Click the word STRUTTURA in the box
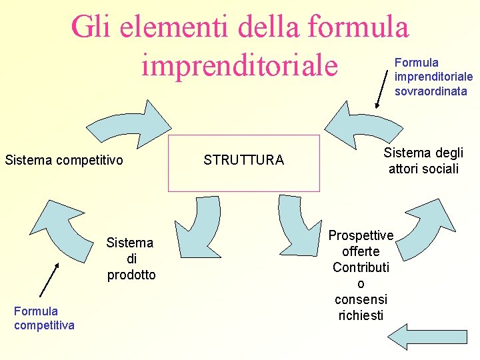point(243,160)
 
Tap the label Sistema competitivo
point(64,160)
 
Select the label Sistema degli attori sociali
point(423,161)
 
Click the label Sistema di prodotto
point(131,259)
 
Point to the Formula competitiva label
point(44,318)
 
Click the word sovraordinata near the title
point(431,91)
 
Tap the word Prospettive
point(361,235)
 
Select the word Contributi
point(361,267)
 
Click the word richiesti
point(361,315)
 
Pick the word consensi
point(361,299)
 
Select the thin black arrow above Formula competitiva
point(49,279)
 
